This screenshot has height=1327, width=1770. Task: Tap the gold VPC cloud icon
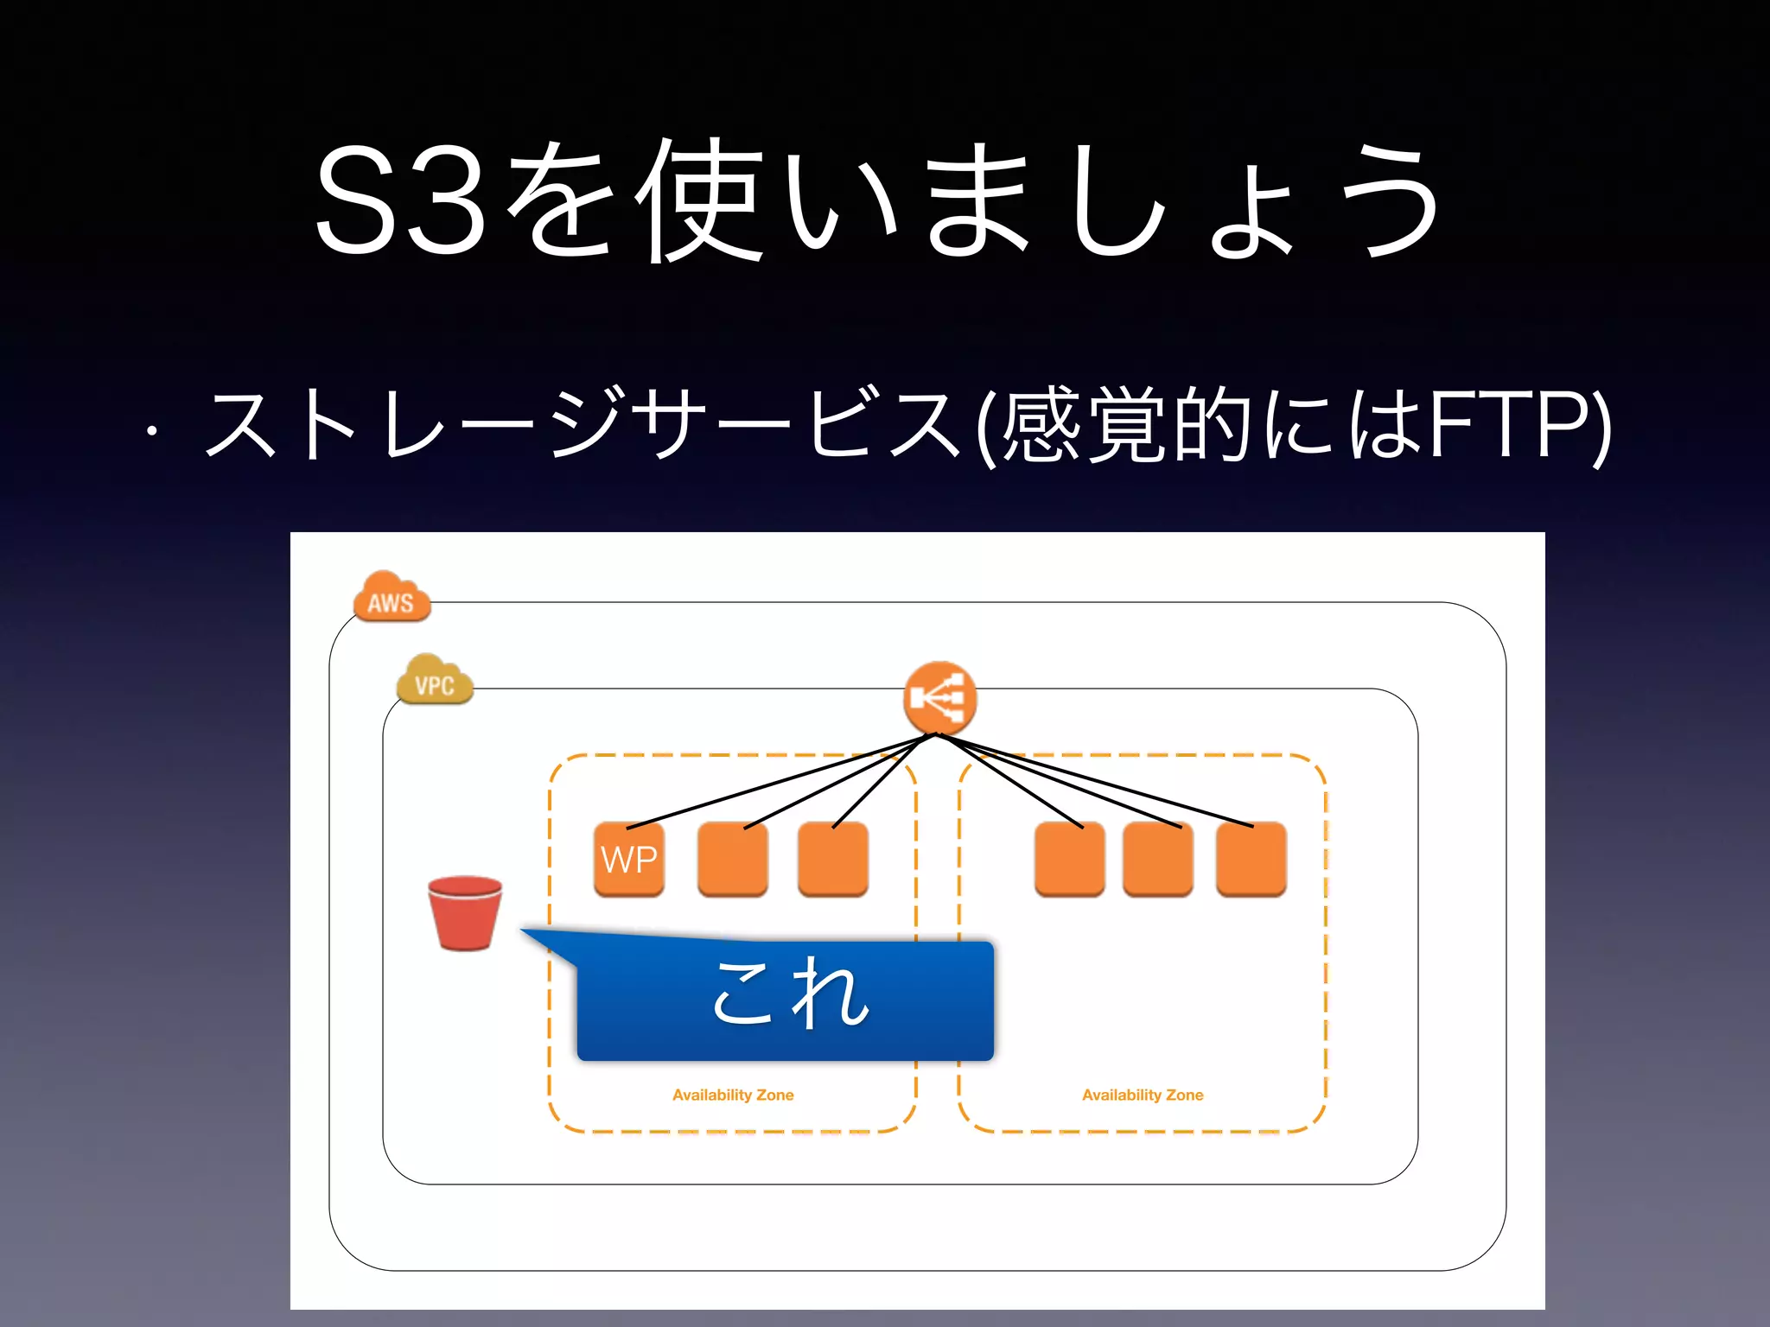pos(435,681)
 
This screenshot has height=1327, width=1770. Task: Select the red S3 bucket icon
pos(465,913)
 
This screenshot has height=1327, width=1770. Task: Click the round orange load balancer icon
pos(939,698)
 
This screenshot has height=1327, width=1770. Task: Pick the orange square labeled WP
pos(629,860)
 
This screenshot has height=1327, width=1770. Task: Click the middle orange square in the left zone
pos(732,860)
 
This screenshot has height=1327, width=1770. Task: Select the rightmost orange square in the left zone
pos(832,860)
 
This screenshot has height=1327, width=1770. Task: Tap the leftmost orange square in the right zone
pos(1069,860)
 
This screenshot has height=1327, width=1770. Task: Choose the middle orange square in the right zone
pos(1158,860)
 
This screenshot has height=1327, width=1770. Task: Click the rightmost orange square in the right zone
pos(1251,860)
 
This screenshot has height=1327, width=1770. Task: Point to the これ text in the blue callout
pos(790,994)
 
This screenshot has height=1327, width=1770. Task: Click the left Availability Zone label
pos(733,1095)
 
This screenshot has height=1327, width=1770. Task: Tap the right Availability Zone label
pos(1143,1095)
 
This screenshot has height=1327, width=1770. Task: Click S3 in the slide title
pos(403,201)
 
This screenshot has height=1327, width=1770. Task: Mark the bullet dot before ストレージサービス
pos(152,429)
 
